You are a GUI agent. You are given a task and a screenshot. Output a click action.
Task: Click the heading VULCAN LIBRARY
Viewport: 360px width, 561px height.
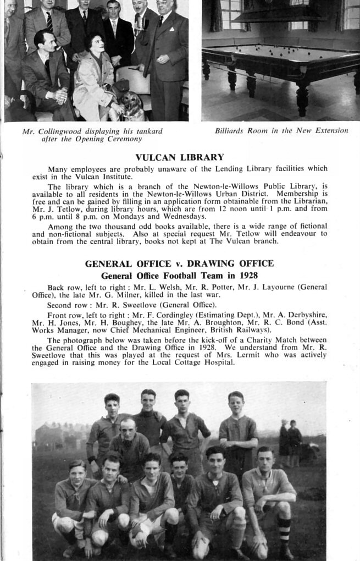pyautogui.click(x=180, y=157)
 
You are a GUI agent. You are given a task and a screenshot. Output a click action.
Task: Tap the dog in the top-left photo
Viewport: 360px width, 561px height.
pyautogui.click(x=132, y=106)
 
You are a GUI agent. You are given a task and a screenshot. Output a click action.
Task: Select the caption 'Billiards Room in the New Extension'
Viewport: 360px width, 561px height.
pyautogui.click(x=281, y=131)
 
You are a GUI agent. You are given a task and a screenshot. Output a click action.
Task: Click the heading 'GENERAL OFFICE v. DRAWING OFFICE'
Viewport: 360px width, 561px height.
pyautogui.click(x=179, y=263)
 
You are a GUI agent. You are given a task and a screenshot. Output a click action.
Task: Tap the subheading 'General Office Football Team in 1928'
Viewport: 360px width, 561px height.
pyautogui.click(x=179, y=276)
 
